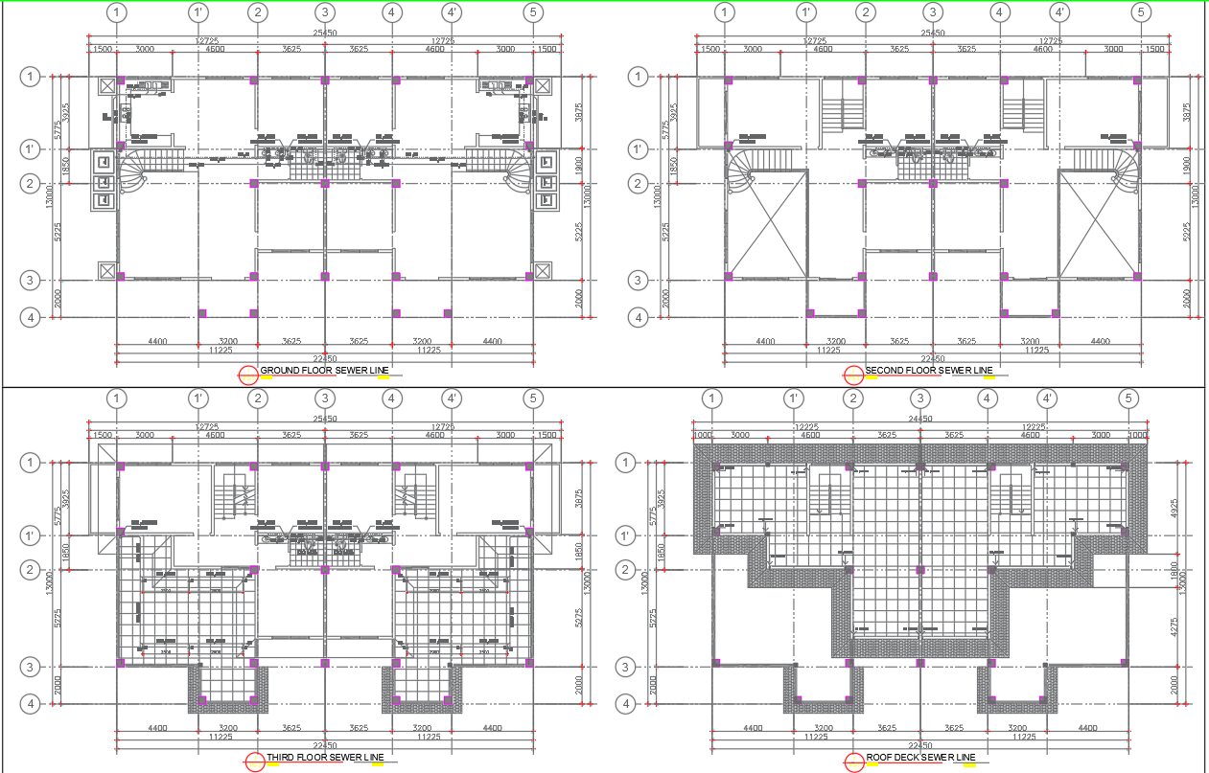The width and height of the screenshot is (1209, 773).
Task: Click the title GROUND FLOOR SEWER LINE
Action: [x=324, y=370]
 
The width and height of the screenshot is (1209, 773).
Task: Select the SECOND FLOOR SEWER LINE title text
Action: [x=929, y=370]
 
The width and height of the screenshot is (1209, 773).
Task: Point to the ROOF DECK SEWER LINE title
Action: [x=927, y=757]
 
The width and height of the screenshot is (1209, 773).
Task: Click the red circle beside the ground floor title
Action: [x=248, y=375]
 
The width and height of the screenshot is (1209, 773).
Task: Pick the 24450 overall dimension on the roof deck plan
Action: [x=919, y=420]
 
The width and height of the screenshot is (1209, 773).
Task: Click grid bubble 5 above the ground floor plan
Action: [x=533, y=12]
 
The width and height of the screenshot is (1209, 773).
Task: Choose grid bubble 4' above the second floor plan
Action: [x=1059, y=12]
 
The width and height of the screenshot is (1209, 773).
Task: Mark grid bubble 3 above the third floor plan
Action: [x=325, y=398]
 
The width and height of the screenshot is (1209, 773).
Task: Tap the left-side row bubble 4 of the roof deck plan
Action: [x=625, y=704]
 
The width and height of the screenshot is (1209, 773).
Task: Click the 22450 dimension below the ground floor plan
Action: [x=325, y=359]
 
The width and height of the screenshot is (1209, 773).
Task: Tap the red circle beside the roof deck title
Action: [x=854, y=762]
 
